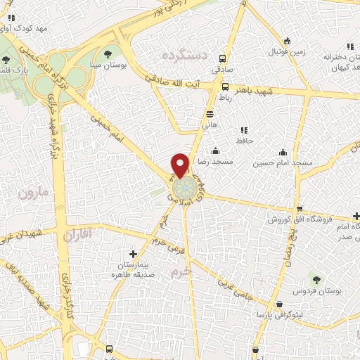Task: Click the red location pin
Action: point(181,164)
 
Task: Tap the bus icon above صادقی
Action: point(223,59)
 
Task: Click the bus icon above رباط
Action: point(225,87)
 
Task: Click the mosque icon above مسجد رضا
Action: point(215,150)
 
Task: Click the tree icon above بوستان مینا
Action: point(107,53)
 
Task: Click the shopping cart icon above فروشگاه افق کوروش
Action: point(300,209)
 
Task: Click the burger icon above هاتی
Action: point(210,113)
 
